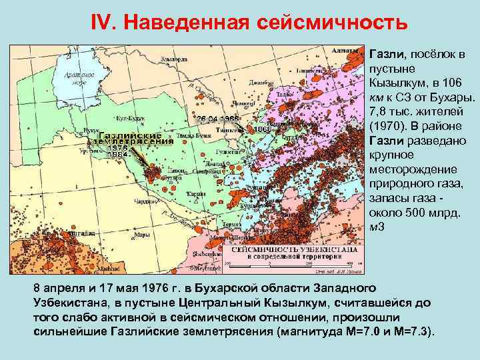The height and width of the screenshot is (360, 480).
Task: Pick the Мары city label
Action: click(x=141, y=234)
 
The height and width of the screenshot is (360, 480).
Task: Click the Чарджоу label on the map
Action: click(x=144, y=200)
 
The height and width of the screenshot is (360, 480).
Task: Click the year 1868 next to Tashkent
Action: click(x=257, y=129)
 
